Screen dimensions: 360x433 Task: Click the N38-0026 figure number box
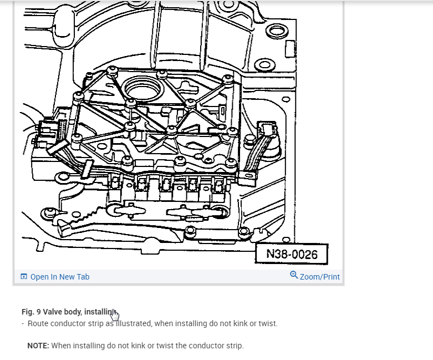coord(292,254)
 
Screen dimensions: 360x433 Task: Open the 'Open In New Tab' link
coord(59,277)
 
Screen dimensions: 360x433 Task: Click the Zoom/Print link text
coord(319,277)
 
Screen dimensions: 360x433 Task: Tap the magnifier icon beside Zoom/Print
coord(294,275)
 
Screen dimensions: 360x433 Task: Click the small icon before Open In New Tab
coord(24,277)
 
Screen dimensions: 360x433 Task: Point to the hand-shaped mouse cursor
coord(115,315)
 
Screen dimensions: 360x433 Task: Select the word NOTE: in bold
coord(38,346)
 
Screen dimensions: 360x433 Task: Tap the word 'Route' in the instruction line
coord(39,323)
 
